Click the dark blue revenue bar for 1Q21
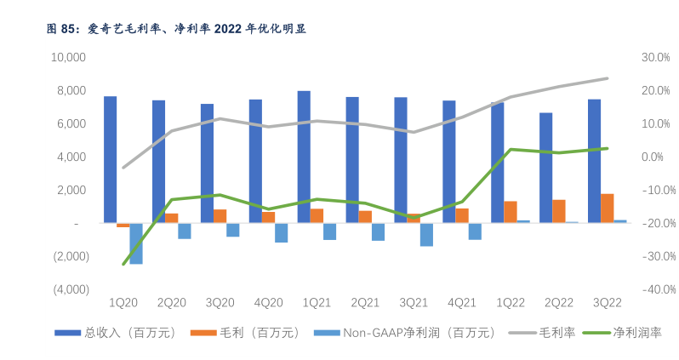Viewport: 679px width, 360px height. point(304,157)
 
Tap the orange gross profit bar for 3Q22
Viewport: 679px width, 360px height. point(607,209)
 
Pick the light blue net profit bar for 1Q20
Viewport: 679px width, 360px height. point(136,243)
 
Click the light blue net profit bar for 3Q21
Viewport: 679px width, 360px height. point(426,234)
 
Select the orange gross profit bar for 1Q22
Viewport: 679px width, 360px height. point(511,212)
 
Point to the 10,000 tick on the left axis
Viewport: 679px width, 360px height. point(70,57)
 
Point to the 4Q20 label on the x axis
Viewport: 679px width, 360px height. point(268,302)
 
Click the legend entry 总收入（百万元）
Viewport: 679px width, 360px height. point(115,333)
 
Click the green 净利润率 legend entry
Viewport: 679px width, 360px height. point(625,333)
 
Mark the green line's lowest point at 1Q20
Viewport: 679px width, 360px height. point(123,264)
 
